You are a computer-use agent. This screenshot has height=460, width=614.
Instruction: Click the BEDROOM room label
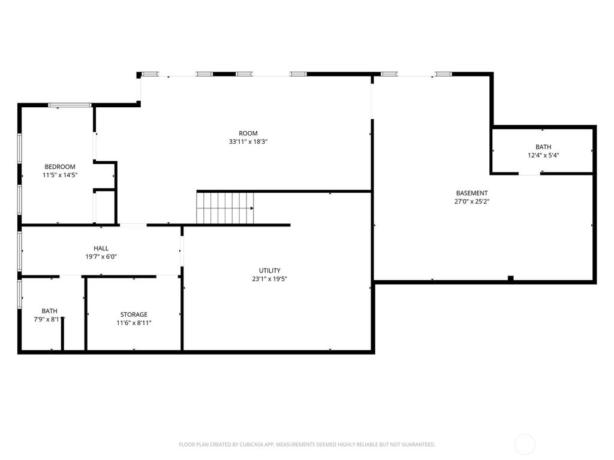pyautogui.click(x=60, y=167)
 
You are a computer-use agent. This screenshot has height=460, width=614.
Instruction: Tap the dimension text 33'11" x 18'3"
pyautogui.click(x=248, y=142)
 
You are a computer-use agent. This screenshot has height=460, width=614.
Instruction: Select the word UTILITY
pyautogui.click(x=270, y=271)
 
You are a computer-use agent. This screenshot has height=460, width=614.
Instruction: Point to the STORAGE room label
pyautogui.click(x=134, y=314)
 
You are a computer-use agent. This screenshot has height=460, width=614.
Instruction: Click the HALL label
pyautogui.click(x=101, y=248)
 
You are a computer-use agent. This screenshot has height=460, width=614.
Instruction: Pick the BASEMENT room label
pyautogui.click(x=472, y=193)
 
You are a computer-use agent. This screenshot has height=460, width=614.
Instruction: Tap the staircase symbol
pyautogui.click(x=225, y=208)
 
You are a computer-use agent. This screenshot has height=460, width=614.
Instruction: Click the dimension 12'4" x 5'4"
pyautogui.click(x=543, y=155)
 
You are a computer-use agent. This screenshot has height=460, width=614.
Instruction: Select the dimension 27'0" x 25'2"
pyautogui.click(x=472, y=201)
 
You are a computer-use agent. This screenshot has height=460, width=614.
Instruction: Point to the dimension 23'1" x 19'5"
pyautogui.click(x=270, y=279)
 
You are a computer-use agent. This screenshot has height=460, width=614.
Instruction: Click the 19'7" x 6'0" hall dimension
pyautogui.click(x=101, y=256)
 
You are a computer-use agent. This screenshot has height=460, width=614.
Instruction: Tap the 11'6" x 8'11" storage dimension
pyautogui.click(x=134, y=323)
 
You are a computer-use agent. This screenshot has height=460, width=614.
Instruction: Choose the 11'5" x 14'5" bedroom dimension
pyautogui.click(x=60, y=175)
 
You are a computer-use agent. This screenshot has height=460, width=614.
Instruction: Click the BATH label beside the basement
pyautogui.click(x=543, y=147)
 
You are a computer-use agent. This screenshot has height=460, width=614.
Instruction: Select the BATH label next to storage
pyautogui.click(x=50, y=311)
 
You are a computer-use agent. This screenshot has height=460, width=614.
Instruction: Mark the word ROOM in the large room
pyautogui.click(x=248, y=134)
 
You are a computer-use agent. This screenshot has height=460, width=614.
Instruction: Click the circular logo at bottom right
pyautogui.click(x=525, y=444)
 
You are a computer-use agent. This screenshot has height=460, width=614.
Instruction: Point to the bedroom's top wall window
pyautogui.click(x=70, y=105)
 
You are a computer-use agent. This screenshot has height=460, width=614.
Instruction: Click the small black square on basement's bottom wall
pyautogui.click(x=510, y=278)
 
